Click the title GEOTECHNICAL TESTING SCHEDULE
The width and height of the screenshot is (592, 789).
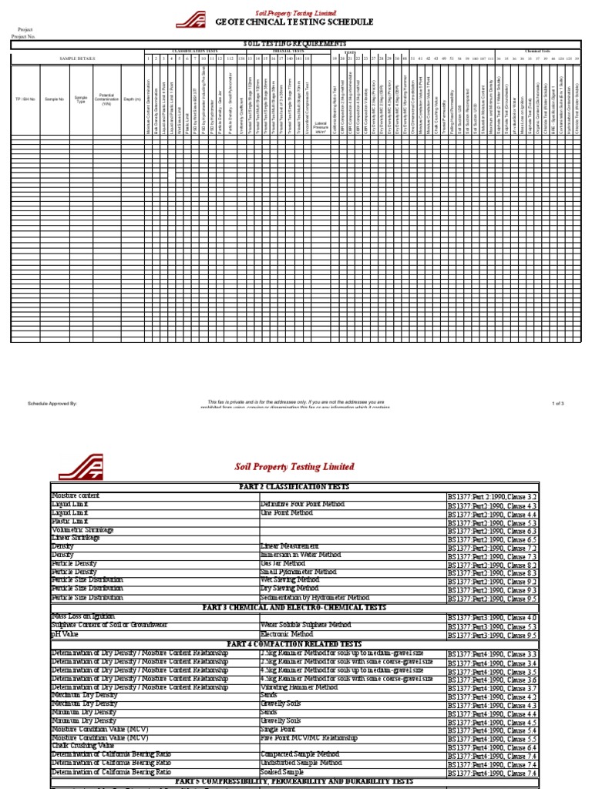(x=294, y=22)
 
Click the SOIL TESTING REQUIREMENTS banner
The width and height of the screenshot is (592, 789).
(x=295, y=44)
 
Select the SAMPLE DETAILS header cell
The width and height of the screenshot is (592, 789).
(x=77, y=58)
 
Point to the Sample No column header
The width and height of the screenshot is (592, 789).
(x=55, y=99)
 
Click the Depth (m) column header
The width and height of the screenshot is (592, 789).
(x=132, y=99)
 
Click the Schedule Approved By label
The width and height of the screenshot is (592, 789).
(x=52, y=403)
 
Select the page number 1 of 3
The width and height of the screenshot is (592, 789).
(x=558, y=403)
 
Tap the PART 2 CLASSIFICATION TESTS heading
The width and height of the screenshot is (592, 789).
(x=295, y=487)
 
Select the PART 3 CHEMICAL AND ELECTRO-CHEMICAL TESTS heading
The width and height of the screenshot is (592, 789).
(x=295, y=607)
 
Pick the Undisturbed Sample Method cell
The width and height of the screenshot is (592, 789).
(x=301, y=762)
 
